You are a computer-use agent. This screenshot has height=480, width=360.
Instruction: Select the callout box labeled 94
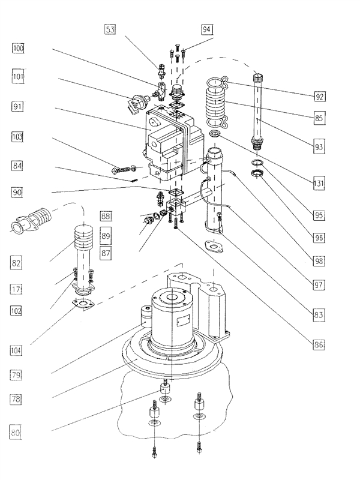tap(206, 28)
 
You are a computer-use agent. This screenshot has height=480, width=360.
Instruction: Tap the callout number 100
tap(18, 48)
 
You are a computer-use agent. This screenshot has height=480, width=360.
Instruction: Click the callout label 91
tap(18, 107)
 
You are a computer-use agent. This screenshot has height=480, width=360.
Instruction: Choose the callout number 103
tap(18, 137)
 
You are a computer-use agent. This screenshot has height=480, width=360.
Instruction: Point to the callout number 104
tap(18, 349)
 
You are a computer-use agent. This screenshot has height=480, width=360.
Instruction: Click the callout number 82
tap(18, 262)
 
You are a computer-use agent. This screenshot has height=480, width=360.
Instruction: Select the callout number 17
tap(18, 289)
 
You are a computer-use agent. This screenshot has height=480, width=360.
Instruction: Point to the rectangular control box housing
tap(171, 144)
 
